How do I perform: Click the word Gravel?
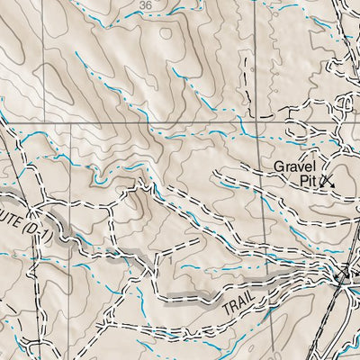coord(294,166)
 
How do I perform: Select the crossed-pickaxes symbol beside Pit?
coord(326,180)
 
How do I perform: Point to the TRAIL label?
coord(239,306)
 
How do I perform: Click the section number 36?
coord(146,4)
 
